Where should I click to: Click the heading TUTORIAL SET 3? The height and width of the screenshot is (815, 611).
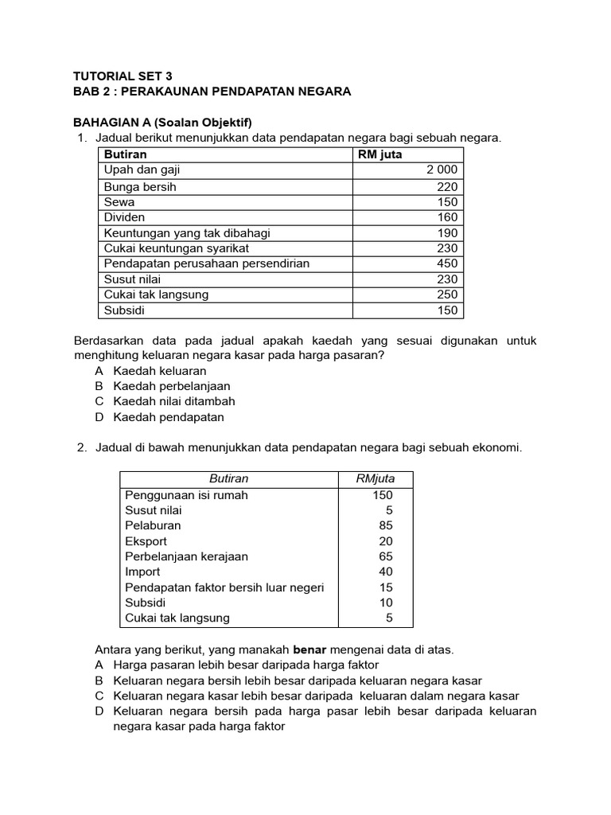click(x=122, y=76)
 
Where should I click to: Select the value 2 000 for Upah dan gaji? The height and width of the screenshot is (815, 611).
click(x=442, y=170)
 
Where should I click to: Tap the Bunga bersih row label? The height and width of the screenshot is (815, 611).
click(x=140, y=186)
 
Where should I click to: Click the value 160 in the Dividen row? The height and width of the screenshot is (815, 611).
click(x=447, y=217)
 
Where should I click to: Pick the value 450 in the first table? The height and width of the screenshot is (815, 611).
click(x=447, y=263)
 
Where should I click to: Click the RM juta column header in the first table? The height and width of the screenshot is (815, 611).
click(x=381, y=154)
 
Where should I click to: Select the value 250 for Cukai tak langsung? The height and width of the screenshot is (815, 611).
click(x=447, y=294)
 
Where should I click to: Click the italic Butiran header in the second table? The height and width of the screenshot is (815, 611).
click(x=228, y=478)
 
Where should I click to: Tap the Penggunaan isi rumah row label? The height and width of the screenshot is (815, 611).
click(x=186, y=495)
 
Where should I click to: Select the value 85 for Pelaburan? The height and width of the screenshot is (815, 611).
click(x=385, y=525)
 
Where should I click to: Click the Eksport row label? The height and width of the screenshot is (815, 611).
click(x=146, y=541)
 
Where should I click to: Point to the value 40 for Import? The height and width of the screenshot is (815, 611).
click(x=385, y=571)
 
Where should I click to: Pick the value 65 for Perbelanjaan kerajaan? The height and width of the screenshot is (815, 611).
click(x=385, y=556)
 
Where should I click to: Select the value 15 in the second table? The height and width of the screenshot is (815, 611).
click(x=385, y=587)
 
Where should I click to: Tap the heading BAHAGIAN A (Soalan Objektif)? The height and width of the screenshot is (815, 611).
click(x=162, y=123)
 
